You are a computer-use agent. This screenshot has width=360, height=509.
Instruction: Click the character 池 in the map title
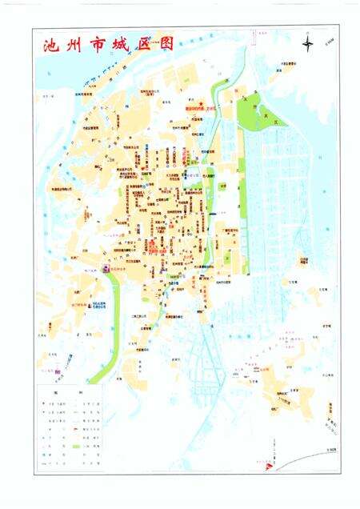[51, 45]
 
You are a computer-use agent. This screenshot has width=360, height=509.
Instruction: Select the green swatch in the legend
[78, 445]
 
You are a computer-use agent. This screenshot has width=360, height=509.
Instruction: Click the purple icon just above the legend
[57, 371]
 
